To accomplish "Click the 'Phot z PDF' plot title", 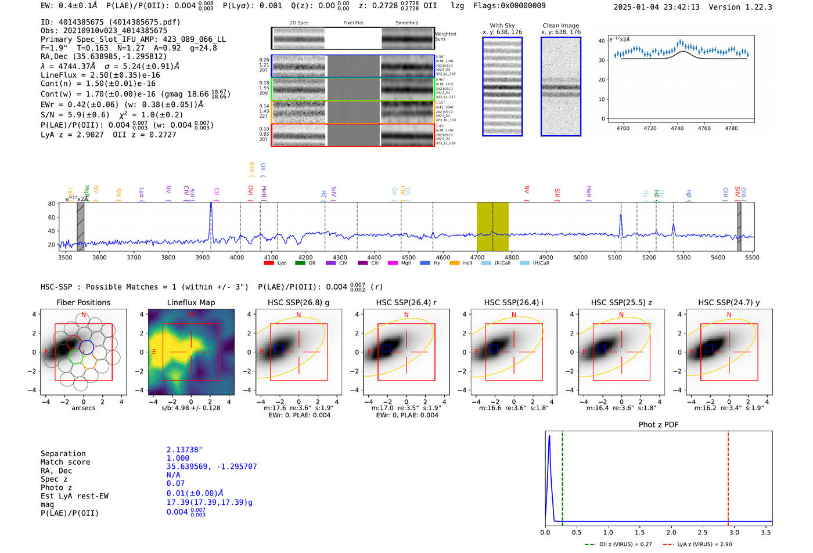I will click(659, 425).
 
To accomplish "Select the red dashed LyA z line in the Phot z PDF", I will click(728, 476).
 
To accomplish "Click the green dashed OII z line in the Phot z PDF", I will click(562, 476).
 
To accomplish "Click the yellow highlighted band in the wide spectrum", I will click(492, 226).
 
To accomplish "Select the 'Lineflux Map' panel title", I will click(191, 302).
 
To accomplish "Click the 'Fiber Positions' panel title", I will click(83, 302).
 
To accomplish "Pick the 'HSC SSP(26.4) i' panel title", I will click(514, 302).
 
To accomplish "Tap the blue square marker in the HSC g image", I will click(279, 348).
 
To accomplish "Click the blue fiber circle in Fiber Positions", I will click(86, 348).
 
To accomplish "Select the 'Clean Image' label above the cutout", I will click(560, 26).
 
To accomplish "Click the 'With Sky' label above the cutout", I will click(502, 26).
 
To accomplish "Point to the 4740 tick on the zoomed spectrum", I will click(677, 128).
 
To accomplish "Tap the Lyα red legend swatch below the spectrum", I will click(269, 263).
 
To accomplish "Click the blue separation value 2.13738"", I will click(185, 450).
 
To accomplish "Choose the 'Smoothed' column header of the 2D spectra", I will click(406, 23).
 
